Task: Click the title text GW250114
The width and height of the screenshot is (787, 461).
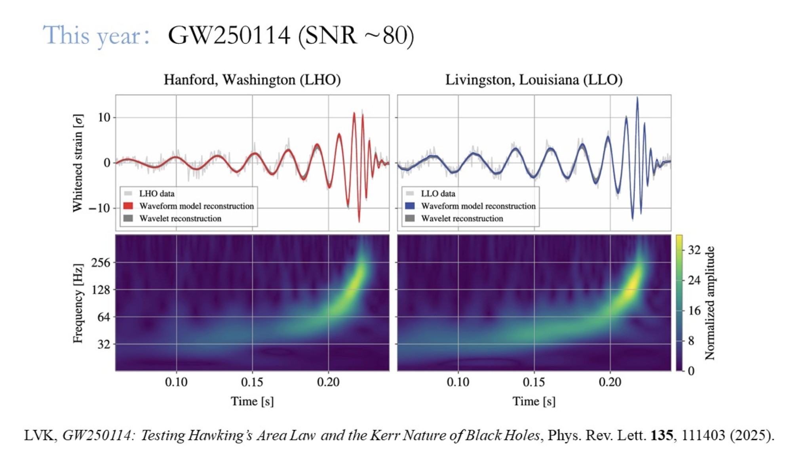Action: point(229,36)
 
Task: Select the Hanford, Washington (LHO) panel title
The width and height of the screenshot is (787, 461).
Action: point(252,80)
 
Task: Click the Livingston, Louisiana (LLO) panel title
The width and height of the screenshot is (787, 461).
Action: point(534,80)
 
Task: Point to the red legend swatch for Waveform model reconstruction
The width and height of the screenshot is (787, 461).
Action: point(128,206)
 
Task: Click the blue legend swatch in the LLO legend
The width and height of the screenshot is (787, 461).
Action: point(410,206)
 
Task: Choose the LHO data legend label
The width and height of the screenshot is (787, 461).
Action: point(156,193)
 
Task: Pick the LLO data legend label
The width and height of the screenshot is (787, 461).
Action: point(438,193)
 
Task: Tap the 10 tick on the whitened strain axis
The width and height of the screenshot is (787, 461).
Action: point(104,118)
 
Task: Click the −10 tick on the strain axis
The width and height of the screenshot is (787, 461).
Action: point(99,208)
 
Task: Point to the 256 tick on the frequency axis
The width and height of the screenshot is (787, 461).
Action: point(101,262)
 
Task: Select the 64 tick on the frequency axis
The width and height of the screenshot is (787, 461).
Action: point(104,317)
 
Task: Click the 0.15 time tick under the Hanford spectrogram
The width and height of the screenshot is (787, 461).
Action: point(252,382)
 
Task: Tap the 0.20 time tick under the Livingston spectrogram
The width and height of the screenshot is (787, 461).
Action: point(610,382)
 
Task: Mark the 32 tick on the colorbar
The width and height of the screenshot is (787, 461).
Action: point(694,250)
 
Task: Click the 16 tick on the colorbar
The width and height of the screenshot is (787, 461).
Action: point(694,311)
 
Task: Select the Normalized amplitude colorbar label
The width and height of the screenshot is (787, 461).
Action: point(710,303)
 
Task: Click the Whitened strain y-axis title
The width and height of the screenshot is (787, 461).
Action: point(78,163)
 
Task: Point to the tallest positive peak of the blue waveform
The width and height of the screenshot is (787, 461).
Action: point(637,98)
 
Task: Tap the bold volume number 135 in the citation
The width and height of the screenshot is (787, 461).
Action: point(662,435)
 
